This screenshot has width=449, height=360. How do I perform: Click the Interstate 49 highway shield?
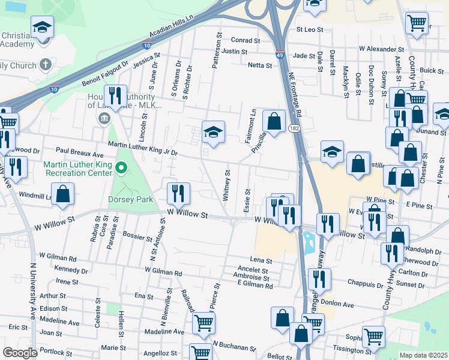[280, 55]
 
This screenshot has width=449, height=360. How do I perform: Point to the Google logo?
[20, 353]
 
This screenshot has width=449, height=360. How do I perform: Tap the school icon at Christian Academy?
[42, 28]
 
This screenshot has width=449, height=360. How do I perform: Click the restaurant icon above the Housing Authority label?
[113, 95]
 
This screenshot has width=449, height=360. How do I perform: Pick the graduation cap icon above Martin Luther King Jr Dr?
[213, 131]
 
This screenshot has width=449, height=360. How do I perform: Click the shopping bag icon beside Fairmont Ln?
[274, 122]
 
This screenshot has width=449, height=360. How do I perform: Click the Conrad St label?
[246, 41]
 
